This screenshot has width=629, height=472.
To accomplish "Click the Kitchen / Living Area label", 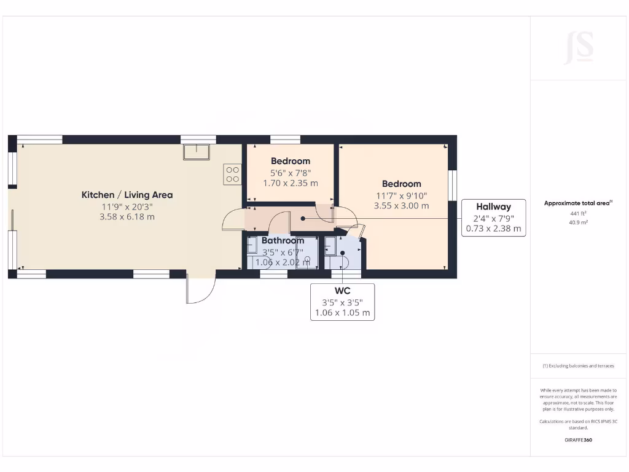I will pos(127,195).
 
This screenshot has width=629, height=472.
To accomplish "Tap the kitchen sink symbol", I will pos(197,152).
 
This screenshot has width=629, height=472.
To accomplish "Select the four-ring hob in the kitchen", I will pos(232,174).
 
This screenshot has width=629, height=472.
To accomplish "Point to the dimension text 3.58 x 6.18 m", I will pos(127,217).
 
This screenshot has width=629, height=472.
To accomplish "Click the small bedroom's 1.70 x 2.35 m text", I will pos(291,183).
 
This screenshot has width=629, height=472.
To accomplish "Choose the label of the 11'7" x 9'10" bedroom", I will pos(401,184).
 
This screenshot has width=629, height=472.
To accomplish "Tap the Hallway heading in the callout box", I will pos(493,206).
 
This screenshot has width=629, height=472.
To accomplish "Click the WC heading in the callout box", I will pos(342,290).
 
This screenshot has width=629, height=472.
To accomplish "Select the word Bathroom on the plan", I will pos(283,240).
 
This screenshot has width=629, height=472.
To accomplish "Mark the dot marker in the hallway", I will pos(303,218).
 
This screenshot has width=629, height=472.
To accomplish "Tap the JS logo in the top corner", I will pos(579,47).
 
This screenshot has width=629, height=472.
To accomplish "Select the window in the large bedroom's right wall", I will pos(453,184).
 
